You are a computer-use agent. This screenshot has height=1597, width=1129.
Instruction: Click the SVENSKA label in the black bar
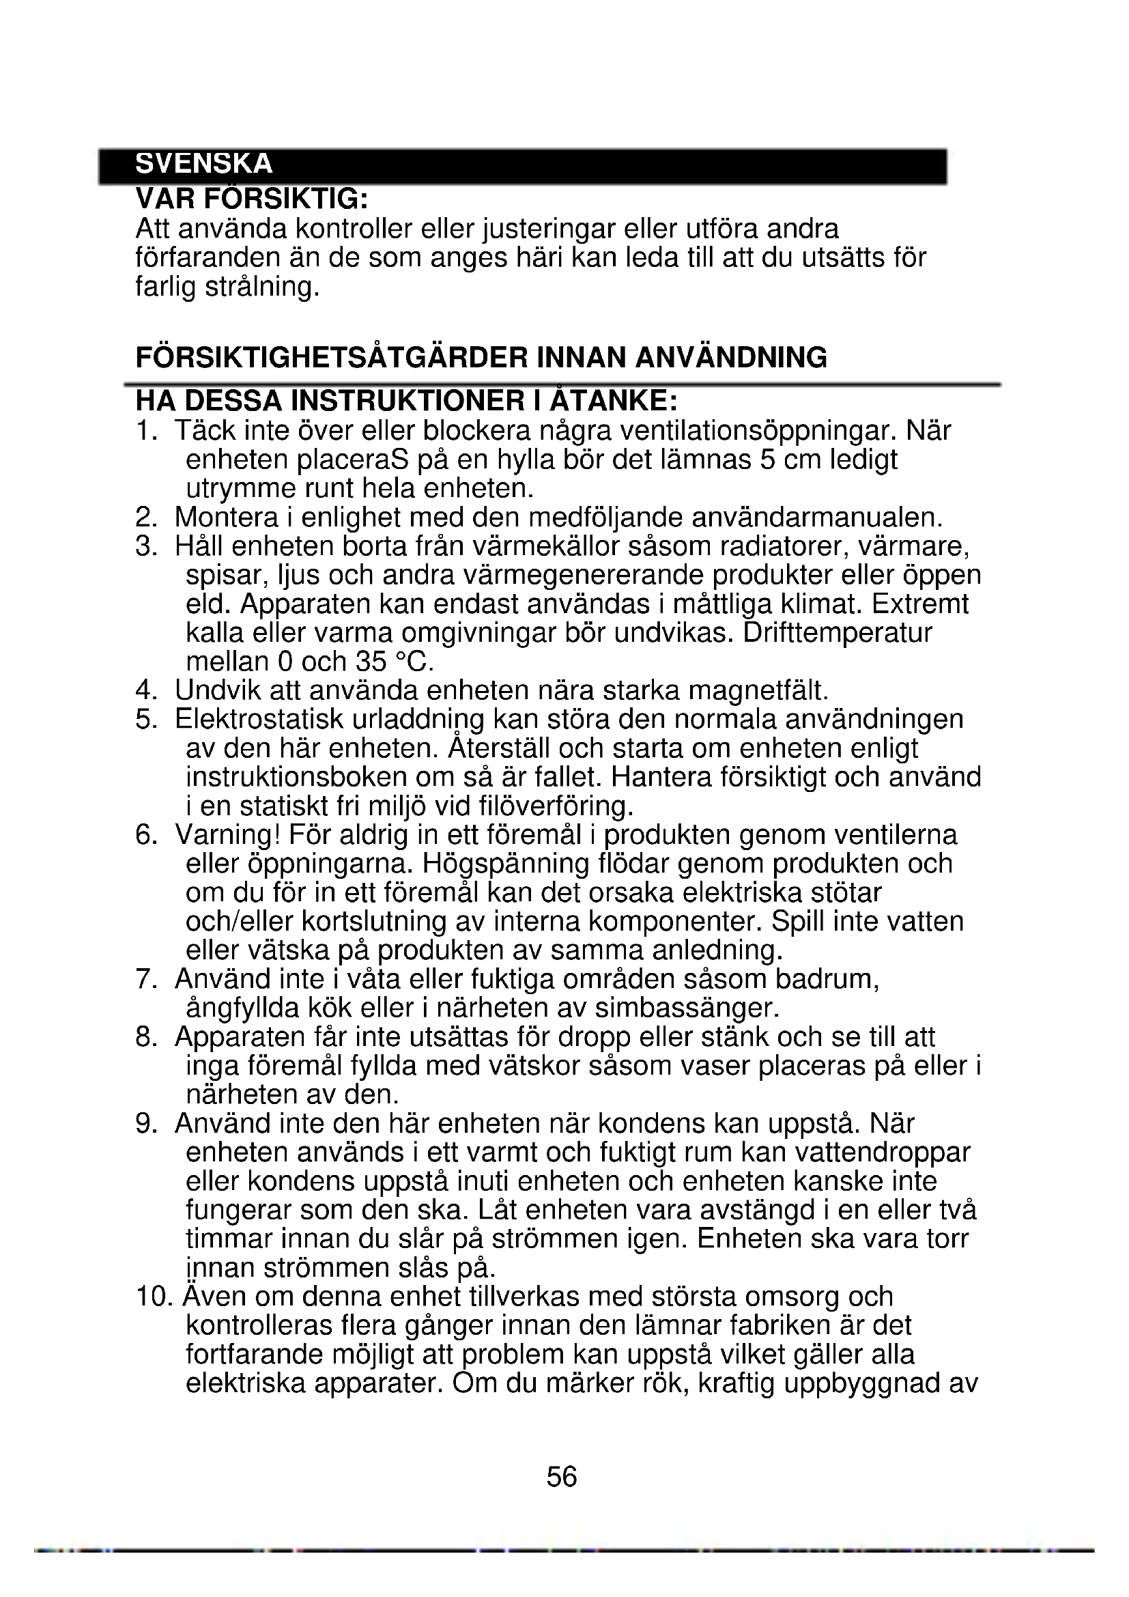[x=203, y=164]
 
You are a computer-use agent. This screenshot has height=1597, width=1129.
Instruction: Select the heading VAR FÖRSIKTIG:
[x=251, y=199]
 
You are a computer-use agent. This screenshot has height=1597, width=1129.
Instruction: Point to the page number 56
[x=562, y=1476]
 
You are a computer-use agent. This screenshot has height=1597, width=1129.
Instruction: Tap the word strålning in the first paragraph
[x=261, y=287]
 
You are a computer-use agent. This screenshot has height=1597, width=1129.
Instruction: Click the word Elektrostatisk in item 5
[x=259, y=719]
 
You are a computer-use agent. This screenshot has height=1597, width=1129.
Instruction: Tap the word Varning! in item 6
[x=227, y=834]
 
